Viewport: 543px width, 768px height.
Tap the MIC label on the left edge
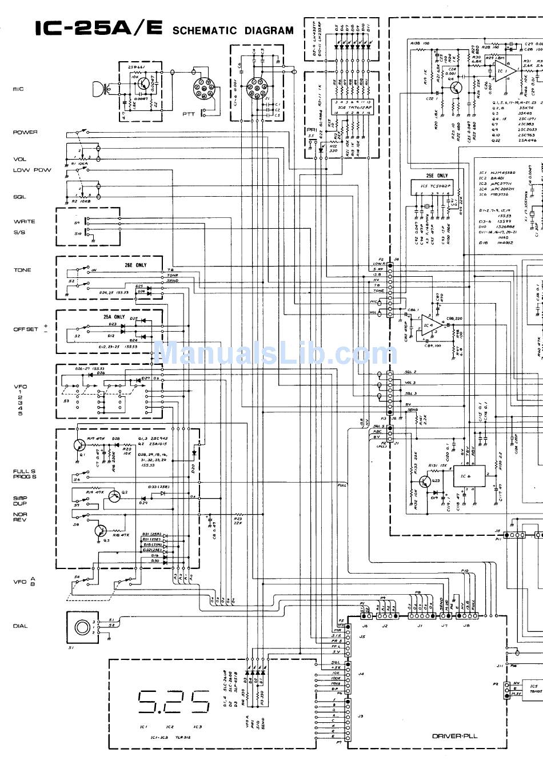[x=18, y=89]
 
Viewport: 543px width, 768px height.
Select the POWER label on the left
[x=25, y=132]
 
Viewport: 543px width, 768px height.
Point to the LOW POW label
[x=32, y=170]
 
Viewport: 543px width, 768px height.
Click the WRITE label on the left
[x=24, y=221]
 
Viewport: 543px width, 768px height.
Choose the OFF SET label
[x=26, y=329]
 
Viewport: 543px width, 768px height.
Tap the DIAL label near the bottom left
[x=20, y=626]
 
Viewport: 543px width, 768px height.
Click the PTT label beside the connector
[x=189, y=114]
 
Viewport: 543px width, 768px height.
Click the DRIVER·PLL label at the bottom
[x=454, y=737]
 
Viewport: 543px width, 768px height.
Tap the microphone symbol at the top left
[x=99, y=89]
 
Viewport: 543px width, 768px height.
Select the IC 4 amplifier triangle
[x=429, y=328]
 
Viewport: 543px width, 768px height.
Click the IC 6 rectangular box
[x=469, y=476]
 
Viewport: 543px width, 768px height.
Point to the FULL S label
[x=25, y=472]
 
